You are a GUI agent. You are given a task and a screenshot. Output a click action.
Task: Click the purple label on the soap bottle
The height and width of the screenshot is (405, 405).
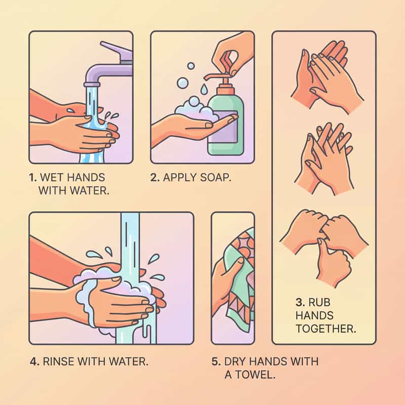click(x=227, y=127)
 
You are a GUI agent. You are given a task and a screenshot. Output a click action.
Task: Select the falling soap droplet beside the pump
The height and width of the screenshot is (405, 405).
click(x=204, y=89)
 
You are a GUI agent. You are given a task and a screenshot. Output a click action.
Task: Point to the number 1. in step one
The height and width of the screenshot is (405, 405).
click(x=33, y=178)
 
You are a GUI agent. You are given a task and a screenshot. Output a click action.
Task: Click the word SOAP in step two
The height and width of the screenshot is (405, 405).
click(x=216, y=178)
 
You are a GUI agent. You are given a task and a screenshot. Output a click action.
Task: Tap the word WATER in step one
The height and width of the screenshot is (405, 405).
click(x=90, y=191)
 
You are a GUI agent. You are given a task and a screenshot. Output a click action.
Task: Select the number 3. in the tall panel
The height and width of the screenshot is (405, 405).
click(x=300, y=302)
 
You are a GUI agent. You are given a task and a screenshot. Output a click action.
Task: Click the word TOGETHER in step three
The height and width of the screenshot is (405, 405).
click(x=326, y=329)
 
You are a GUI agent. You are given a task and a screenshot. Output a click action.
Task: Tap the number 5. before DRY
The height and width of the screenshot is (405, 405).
click(x=216, y=361)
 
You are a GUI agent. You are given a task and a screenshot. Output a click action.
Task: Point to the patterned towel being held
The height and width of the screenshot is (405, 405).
click(x=239, y=279)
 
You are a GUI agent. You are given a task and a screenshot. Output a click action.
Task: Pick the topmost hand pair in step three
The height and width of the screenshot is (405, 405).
click(x=327, y=77)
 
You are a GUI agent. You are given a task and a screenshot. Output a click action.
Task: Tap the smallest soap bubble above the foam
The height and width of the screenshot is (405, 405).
click(x=191, y=66)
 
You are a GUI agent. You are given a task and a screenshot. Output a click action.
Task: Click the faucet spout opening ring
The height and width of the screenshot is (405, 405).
click(x=92, y=85)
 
